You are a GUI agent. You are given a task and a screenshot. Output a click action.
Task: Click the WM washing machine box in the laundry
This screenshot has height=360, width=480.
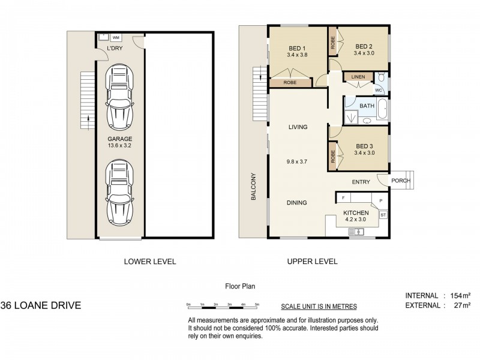[x=116, y=38]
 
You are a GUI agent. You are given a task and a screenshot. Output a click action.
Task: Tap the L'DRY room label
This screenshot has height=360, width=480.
[x=115, y=48]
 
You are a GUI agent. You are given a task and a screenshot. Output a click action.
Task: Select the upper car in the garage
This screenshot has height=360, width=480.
[x=119, y=97]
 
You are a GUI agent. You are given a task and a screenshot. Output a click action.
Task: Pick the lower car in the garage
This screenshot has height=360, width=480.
[x=119, y=192]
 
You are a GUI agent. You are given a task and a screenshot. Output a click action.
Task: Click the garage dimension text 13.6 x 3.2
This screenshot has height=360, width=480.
[x=119, y=146]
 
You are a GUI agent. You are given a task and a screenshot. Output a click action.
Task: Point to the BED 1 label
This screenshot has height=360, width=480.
[x=297, y=49]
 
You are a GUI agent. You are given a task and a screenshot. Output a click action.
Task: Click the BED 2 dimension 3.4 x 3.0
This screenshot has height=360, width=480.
[x=364, y=53]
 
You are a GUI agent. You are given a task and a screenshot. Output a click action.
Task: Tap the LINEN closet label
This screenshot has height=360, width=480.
[x=358, y=77]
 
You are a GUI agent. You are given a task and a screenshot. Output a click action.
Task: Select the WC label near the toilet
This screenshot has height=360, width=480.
[x=379, y=91]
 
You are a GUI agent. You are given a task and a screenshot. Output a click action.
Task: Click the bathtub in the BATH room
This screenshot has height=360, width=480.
[x=382, y=109]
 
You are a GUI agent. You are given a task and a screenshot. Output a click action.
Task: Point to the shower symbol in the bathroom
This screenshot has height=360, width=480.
[x=351, y=117]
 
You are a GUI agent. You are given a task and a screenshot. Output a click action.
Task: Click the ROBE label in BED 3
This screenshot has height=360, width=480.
[x=333, y=157]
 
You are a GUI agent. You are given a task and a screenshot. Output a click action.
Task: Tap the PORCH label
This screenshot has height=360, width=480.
[x=401, y=181]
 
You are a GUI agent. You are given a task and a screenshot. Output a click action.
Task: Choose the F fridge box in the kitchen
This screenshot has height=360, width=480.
[x=343, y=198]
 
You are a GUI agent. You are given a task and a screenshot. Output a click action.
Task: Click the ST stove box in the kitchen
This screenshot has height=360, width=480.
[x=383, y=215]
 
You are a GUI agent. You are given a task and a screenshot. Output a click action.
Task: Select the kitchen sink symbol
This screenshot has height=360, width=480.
[x=356, y=232]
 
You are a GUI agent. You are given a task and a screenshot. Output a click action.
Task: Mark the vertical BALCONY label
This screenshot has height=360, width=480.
[x=253, y=187]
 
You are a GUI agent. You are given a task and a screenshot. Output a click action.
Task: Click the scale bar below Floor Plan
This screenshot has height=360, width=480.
[x=223, y=307]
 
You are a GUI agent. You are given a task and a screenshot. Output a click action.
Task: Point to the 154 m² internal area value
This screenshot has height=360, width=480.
[x=460, y=296]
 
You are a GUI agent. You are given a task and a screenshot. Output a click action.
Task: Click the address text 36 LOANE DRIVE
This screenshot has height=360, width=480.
[x=41, y=305]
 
